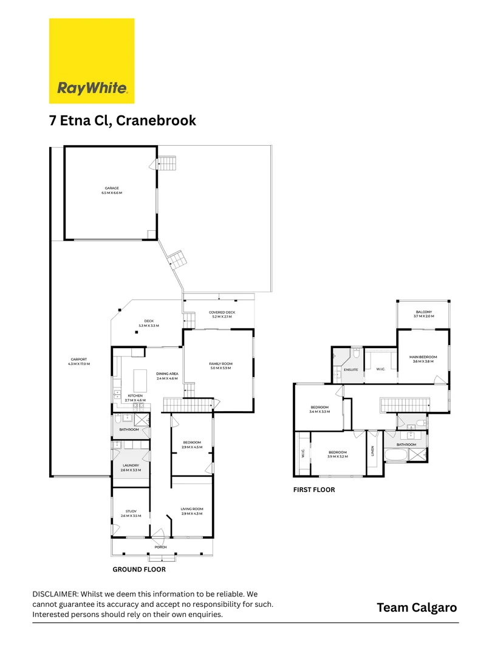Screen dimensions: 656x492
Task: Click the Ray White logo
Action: click(92, 61)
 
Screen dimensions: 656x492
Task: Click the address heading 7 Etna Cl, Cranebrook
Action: click(123, 120)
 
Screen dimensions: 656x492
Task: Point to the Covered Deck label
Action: click(222, 315)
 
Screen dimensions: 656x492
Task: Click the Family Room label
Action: click(221, 366)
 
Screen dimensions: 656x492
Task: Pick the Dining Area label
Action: click(166, 377)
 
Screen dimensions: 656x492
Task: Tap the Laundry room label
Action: click(131, 468)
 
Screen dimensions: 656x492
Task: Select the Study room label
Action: click(131, 513)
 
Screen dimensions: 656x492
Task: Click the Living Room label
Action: click(192, 511)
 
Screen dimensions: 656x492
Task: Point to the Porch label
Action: click(160, 547)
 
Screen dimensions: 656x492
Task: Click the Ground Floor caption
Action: click(139, 570)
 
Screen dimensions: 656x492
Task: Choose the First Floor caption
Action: click(314, 490)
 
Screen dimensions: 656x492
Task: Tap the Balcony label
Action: click(423, 313)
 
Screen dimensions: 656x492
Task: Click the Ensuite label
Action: click(351, 369)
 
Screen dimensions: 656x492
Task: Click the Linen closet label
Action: click(372, 451)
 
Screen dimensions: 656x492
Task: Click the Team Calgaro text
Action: click(417, 607)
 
